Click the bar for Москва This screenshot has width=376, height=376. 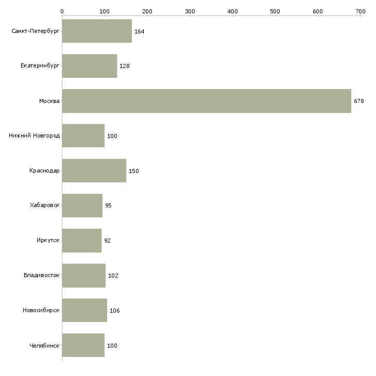click(206, 101)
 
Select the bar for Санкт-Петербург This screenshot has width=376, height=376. click(97, 31)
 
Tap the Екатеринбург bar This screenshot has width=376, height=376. click(89, 66)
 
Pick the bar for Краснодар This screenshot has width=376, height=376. click(94, 170)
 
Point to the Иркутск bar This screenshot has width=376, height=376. click(81, 241)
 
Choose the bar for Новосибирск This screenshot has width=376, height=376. click(84, 310)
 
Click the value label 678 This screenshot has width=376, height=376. click(359, 101)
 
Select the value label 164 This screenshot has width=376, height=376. click(139, 31)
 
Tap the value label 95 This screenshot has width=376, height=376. click(108, 206)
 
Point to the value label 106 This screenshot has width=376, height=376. click(114, 311)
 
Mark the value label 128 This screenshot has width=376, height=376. click(124, 66)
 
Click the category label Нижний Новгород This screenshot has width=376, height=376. click(35, 136)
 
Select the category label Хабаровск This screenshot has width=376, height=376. click(45, 206)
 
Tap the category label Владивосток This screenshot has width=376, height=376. click(42, 276)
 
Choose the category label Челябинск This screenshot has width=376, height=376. click(45, 345)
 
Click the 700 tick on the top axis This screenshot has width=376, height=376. click(361, 11)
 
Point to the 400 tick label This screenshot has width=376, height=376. click(233, 11)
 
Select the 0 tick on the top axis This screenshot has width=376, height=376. click(62, 11)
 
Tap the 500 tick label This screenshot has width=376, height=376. click(275, 11)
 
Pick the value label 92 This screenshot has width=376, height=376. click(107, 241)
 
